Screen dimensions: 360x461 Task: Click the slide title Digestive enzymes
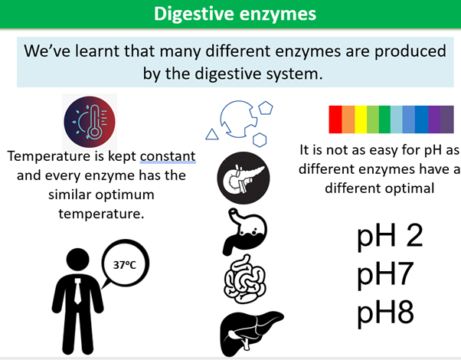pyautogui.click(x=230, y=14)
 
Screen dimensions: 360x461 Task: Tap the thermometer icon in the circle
pyautogui.click(x=90, y=122)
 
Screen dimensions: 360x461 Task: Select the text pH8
pyautogui.click(x=385, y=313)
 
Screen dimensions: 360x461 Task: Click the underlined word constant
pyautogui.click(x=167, y=156)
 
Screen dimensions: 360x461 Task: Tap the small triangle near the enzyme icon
pyautogui.click(x=212, y=134)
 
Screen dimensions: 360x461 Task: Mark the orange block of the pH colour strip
pyautogui.click(x=348, y=119)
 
